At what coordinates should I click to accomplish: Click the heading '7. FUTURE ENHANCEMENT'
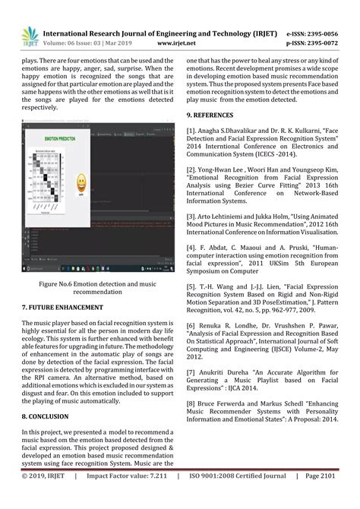point(62,308)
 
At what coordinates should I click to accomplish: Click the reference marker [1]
point(192,131)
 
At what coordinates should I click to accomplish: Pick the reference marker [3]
point(192,217)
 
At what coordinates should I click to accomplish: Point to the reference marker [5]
point(192,286)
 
